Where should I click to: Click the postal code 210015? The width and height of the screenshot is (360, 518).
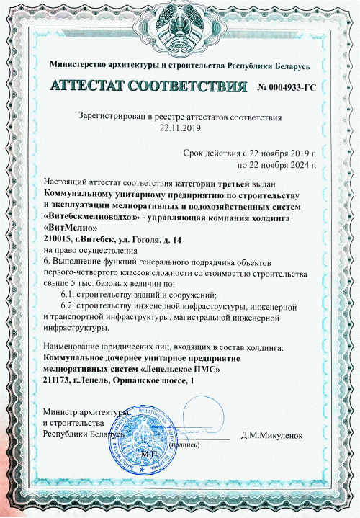click(x=59, y=238)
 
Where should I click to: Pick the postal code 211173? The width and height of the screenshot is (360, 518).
click(x=59, y=380)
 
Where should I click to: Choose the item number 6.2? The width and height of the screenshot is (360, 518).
click(x=71, y=305)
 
